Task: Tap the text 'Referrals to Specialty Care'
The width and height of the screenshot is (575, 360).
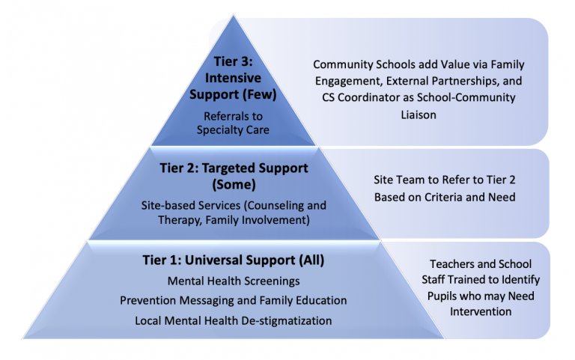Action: point(234,123)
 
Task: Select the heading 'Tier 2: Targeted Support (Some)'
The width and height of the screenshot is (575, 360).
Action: point(234,175)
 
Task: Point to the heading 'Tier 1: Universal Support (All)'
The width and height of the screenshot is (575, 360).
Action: point(234,260)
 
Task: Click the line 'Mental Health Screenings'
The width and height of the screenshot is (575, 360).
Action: point(234,281)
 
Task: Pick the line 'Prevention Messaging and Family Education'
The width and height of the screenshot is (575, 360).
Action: point(234,300)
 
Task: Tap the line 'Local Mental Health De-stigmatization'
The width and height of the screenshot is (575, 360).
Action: point(234,320)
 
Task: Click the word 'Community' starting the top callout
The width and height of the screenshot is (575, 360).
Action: point(341,65)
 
